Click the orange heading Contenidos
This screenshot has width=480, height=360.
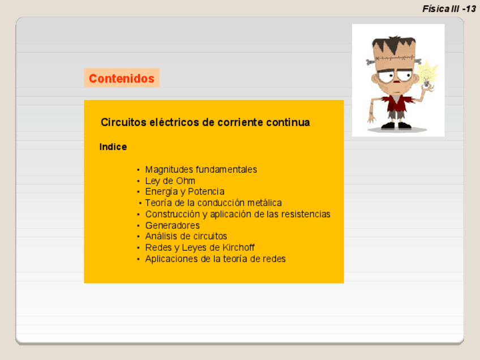point(122,78)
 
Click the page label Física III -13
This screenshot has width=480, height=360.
point(449,9)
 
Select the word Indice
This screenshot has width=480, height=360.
point(113,147)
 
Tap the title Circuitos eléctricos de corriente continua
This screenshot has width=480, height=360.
point(205,122)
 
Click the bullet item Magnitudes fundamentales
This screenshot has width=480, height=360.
point(201,170)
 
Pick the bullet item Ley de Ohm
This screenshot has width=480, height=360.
point(170,181)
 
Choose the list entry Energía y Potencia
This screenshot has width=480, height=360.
point(185,192)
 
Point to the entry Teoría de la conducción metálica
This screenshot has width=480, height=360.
point(213,203)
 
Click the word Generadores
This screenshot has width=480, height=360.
point(172,225)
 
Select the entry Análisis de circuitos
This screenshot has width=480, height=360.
point(186,236)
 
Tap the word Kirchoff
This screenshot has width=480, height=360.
point(238,247)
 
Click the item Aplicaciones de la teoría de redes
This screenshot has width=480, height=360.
point(215,259)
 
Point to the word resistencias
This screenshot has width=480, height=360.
point(306,214)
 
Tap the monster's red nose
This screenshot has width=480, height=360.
point(396,82)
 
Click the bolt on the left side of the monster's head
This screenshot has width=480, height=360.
point(370,62)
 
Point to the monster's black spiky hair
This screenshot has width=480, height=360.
point(394,44)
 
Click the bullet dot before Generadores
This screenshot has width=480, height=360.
point(138,226)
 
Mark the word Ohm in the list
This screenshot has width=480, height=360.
point(186,181)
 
